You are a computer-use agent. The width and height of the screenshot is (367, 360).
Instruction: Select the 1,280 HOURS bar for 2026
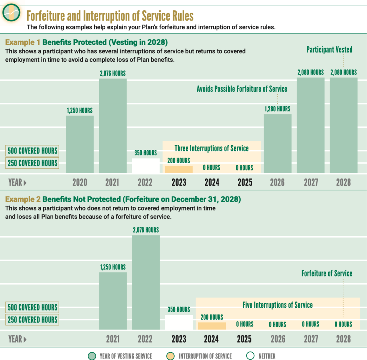[x=277, y=143]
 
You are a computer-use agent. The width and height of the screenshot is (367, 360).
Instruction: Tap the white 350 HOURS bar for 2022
[x=146, y=166]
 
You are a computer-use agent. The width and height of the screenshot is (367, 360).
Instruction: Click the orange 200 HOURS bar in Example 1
[x=179, y=169]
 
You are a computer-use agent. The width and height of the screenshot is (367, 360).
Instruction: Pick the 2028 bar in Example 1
[x=344, y=125]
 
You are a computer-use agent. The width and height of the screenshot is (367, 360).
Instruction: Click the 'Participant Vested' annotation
[x=329, y=50]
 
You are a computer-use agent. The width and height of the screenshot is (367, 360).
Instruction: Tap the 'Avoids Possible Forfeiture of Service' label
[x=242, y=89]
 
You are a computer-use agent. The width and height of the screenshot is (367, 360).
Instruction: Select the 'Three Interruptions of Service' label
[x=211, y=148]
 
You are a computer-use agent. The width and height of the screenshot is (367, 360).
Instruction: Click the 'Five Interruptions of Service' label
[x=277, y=305]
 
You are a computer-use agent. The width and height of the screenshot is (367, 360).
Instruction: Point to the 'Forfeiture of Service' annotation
[x=327, y=273]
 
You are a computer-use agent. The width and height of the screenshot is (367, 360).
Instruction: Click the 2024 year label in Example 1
[x=212, y=182]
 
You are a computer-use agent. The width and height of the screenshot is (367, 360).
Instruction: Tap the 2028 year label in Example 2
[x=343, y=339]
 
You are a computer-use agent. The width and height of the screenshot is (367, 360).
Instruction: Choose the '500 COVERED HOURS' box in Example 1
[x=32, y=151]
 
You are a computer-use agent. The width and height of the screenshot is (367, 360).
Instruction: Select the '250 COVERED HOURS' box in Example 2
[x=32, y=320]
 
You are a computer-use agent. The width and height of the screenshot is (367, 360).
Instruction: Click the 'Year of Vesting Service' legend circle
[x=92, y=356]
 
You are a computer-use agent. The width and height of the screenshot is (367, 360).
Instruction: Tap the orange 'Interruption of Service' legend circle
[x=170, y=356]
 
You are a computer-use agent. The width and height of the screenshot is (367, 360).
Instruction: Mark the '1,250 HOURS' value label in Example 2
[x=113, y=267]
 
